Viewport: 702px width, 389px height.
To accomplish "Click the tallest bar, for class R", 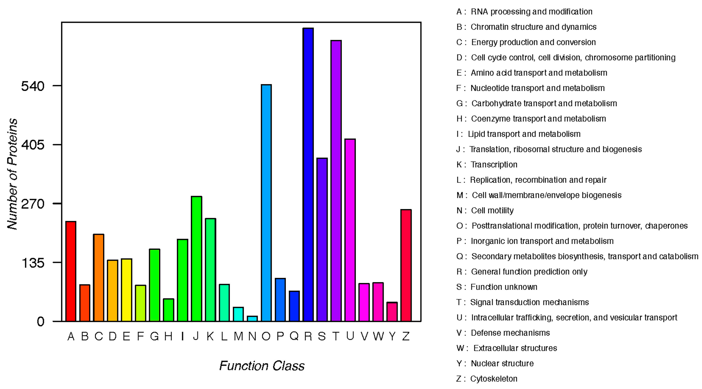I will [308, 174].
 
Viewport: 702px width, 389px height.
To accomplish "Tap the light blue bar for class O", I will [266, 203].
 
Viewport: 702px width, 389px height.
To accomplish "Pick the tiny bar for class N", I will [252, 319].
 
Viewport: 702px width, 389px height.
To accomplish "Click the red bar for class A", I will [71, 271].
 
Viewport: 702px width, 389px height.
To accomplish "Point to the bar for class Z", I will [406, 265].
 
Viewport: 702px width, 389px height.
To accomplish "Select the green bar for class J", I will [197, 259].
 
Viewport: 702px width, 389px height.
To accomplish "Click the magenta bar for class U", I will [350, 230].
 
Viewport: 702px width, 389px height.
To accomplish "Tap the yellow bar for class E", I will [127, 290].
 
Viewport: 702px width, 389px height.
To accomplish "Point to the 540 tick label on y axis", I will [33, 86].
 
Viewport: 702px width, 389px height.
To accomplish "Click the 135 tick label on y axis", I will [33, 263].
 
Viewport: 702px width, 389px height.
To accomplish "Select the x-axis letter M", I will [239, 337].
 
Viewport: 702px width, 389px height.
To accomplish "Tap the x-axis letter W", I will [378, 337].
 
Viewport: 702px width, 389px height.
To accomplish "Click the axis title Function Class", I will [262, 366].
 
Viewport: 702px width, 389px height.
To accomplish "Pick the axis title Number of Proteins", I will [12, 174].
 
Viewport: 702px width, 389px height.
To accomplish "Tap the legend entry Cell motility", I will [492, 210].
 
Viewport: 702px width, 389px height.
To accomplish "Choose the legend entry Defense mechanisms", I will [510, 333].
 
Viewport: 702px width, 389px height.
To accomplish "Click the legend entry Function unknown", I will [504, 287].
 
